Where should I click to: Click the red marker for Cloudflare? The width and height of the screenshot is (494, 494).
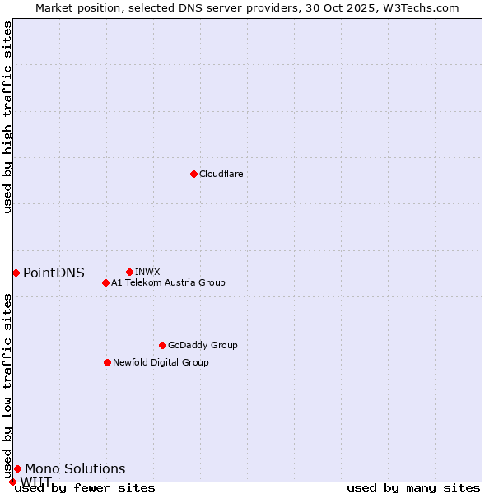click(193, 174)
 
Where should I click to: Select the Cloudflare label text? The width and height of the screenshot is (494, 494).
click(221, 174)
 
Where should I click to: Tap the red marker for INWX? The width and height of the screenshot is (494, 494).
click(129, 272)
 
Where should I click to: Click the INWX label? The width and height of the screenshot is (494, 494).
click(147, 272)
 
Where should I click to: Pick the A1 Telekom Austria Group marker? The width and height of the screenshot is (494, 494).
click(105, 282)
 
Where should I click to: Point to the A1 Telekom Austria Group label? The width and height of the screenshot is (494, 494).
click(168, 282)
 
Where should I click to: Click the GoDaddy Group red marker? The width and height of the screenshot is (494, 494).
click(162, 345)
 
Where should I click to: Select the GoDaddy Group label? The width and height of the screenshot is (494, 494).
click(203, 345)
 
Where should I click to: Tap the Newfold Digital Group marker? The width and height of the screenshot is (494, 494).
click(107, 362)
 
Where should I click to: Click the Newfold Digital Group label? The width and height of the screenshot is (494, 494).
click(161, 362)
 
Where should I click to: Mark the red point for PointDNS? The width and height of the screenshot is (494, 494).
click(16, 273)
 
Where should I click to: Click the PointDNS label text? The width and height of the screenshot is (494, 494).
click(54, 273)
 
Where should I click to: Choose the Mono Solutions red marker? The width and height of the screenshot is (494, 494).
click(17, 468)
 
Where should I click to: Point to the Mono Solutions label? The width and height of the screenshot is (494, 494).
click(75, 469)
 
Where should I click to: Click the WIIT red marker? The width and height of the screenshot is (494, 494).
click(12, 482)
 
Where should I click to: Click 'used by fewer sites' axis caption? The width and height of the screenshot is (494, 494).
click(85, 488)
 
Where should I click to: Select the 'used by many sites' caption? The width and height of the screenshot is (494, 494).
click(413, 488)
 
